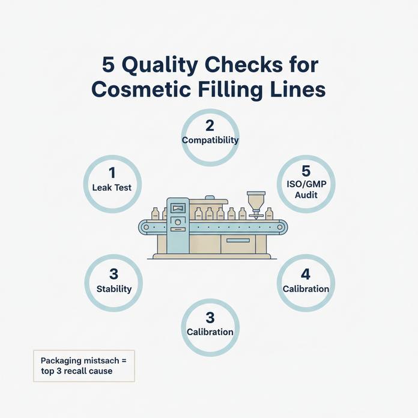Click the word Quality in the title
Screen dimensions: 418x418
[x=160, y=65]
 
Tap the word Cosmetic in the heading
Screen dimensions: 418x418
[x=141, y=89]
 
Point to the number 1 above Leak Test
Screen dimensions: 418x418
[x=112, y=173]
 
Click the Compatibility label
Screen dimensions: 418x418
[x=210, y=140]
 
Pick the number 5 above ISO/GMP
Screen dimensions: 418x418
[x=306, y=171]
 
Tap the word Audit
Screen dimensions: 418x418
[x=306, y=195]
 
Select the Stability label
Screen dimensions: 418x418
[x=114, y=289]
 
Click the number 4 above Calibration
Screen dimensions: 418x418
[x=306, y=274]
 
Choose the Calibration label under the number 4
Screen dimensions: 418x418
[x=306, y=289]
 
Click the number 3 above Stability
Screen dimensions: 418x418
[x=114, y=274]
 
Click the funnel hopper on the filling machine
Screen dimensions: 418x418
[x=256, y=201]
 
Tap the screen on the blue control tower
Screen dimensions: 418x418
[x=178, y=208]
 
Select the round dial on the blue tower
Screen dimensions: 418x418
[x=178, y=222]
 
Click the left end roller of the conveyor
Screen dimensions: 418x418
[x=146, y=228]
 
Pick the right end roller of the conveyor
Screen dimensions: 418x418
[x=280, y=228]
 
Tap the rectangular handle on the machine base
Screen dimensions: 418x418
[x=238, y=240]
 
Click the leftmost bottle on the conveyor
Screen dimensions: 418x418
[x=155, y=214]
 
